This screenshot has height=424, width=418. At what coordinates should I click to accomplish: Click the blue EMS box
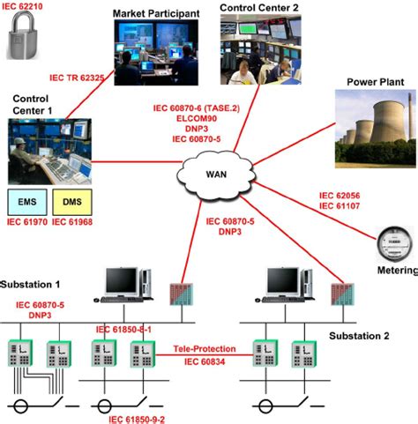point(27,202)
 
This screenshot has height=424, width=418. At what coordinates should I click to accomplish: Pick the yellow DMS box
point(71,202)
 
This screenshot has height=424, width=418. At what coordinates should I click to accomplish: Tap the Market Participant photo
point(155,52)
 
